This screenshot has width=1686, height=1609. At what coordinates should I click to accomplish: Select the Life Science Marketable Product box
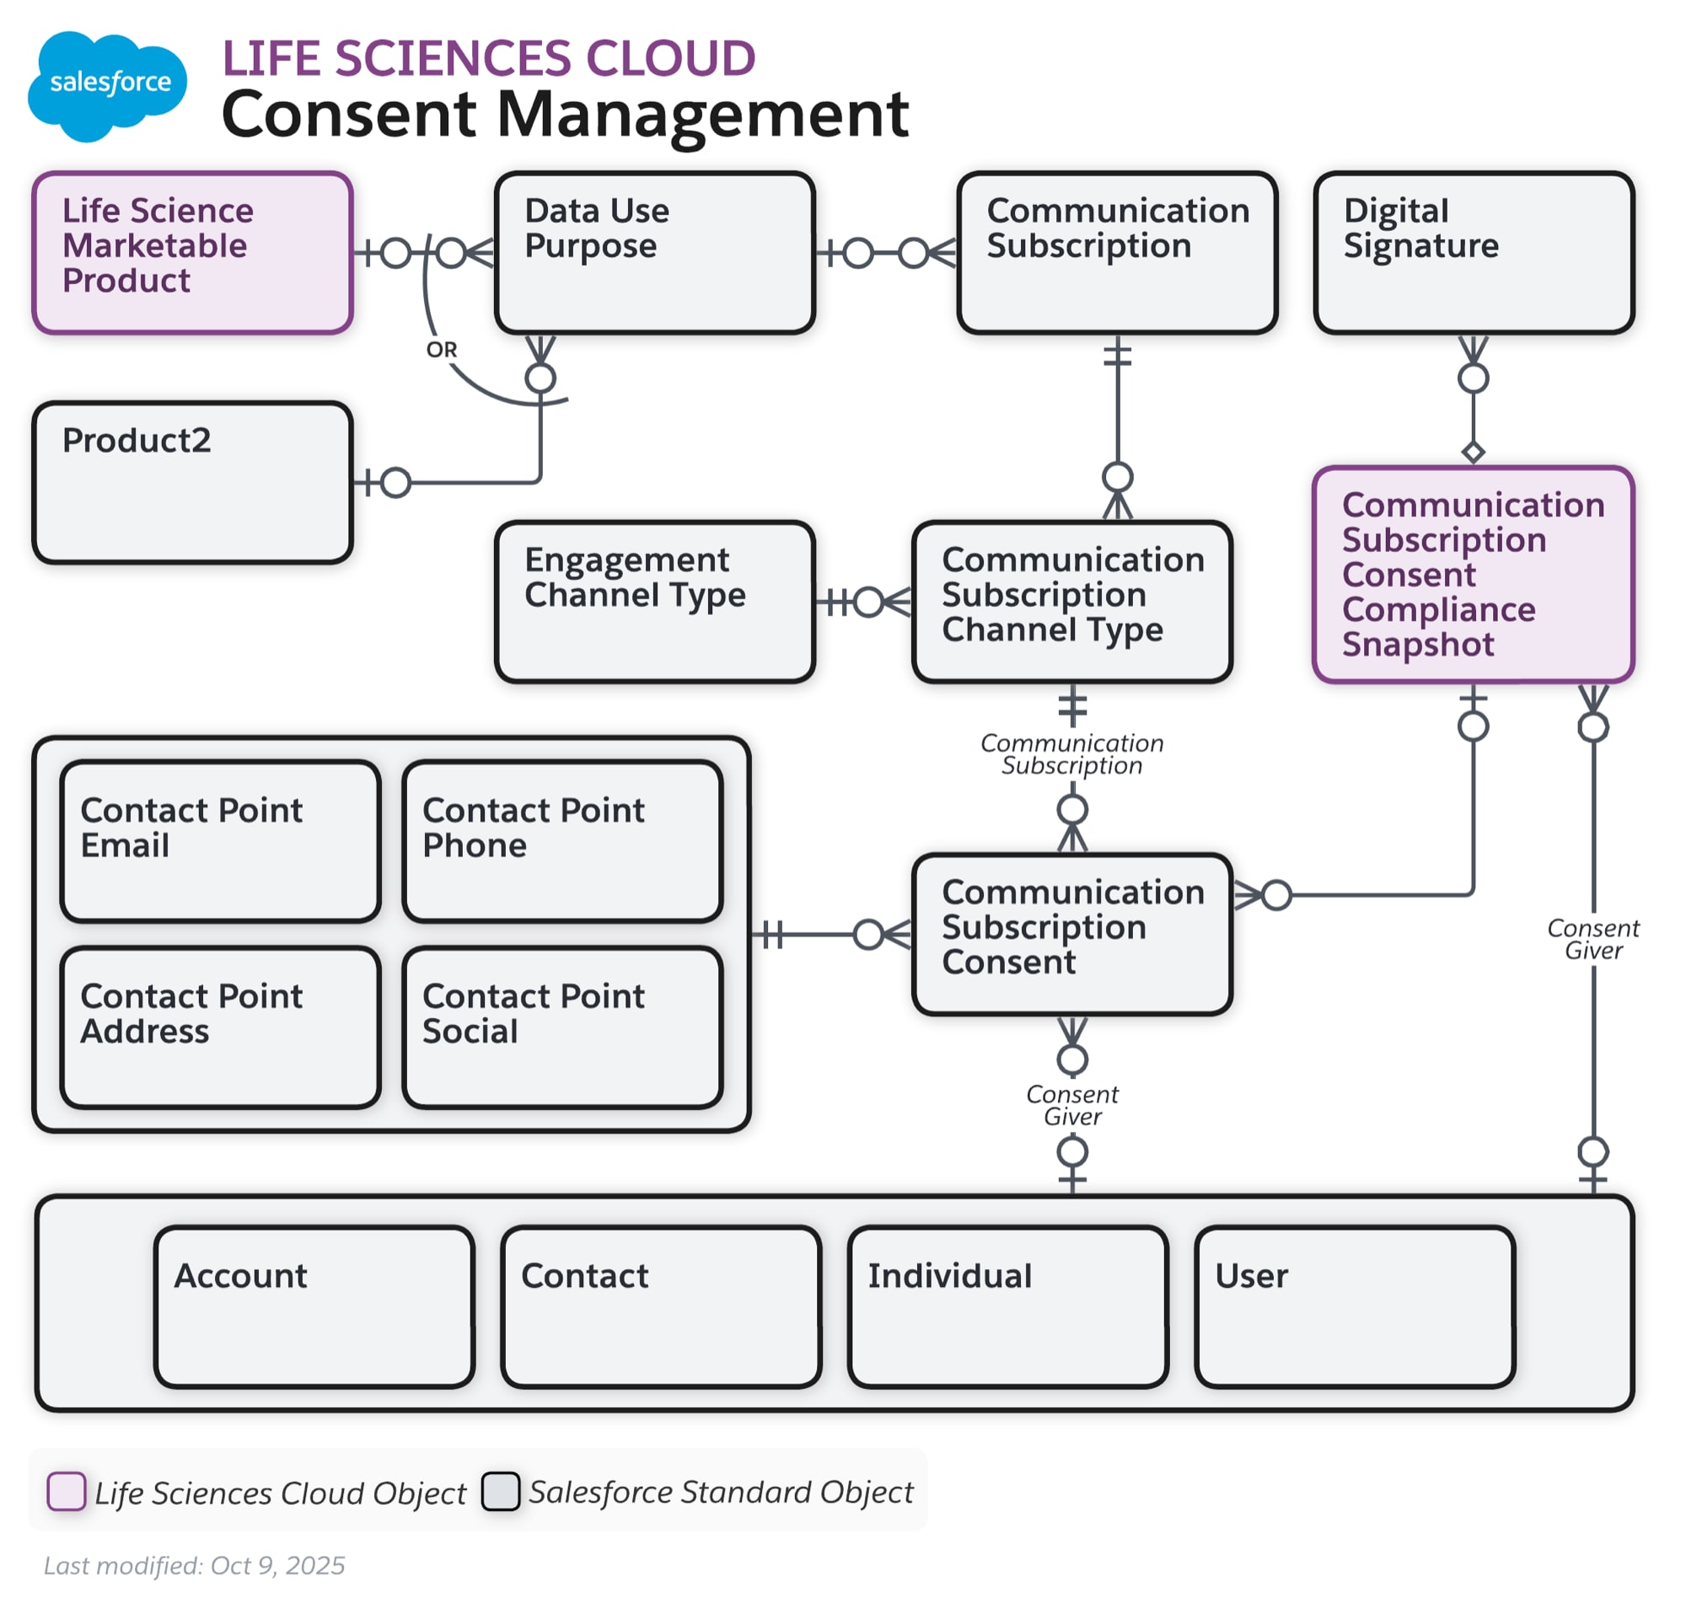[x=192, y=252]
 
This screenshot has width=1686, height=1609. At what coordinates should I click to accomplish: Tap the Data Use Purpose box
[x=654, y=252]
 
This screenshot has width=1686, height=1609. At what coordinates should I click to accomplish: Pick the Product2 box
[x=192, y=482]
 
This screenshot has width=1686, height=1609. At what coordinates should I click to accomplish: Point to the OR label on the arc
[x=441, y=350]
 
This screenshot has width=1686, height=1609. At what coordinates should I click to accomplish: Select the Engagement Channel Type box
[x=654, y=601]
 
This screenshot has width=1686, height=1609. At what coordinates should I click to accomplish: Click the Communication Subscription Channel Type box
[x=1071, y=601]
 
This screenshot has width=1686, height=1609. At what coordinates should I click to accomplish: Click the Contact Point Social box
[x=562, y=1027]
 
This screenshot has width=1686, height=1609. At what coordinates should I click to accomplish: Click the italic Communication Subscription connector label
[x=1071, y=754]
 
